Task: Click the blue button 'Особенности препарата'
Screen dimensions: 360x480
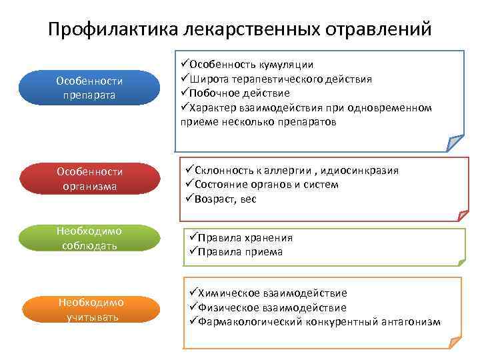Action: click(x=89, y=88)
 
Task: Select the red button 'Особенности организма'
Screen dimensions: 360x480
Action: click(x=89, y=179)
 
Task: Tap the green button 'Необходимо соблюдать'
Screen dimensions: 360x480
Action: click(x=89, y=239)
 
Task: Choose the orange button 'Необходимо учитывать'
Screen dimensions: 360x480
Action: click(x=89, y=309)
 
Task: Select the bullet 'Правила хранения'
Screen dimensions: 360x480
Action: click(x=241, y=238)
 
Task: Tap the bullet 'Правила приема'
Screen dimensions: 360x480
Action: click(x=236, y=252)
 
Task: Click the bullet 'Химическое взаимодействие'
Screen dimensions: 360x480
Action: click(x=267, y=293)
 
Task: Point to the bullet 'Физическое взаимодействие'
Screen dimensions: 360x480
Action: click(x=267, y=307)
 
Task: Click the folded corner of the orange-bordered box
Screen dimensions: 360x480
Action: click(x=454, y=342)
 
